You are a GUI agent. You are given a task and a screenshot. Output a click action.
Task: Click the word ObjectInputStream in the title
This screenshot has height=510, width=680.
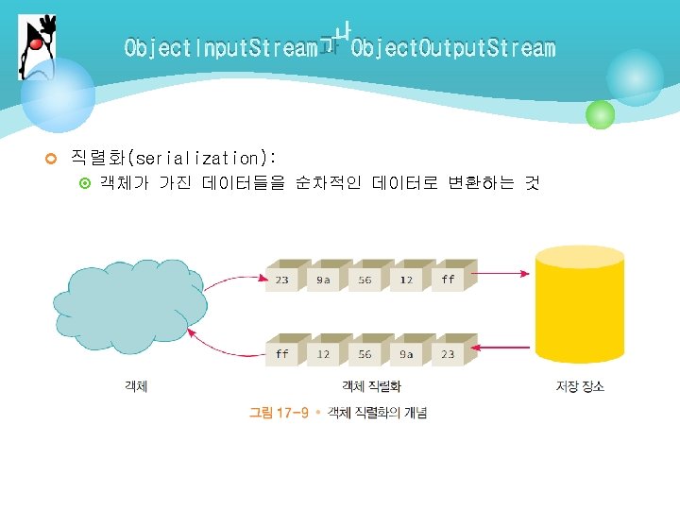(x=220, y=48)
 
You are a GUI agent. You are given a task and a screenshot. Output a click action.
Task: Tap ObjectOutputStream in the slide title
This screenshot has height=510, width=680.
(x=452, y=48)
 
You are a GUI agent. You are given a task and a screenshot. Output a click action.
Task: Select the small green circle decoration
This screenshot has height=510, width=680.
(x=600, y=115)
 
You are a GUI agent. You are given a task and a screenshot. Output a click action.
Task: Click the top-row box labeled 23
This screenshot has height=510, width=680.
(x=283, y=280)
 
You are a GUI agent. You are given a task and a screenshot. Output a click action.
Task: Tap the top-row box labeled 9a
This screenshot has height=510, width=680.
(x=324, y=280)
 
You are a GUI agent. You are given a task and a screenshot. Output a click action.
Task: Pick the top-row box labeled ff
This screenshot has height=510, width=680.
(x=448, y=280)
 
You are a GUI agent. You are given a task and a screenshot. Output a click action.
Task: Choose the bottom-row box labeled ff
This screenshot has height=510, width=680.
(x=283, y=354)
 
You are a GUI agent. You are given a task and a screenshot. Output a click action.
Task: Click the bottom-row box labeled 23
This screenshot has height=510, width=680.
(x=448, y=354)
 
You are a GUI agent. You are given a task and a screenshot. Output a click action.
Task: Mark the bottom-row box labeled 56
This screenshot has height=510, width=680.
(x=365, y=354)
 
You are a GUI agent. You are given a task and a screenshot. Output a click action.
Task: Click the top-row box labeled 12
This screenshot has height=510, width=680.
(x=406, y=280)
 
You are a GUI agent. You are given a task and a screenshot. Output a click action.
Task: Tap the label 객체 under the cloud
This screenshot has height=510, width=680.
(x=136, y=386)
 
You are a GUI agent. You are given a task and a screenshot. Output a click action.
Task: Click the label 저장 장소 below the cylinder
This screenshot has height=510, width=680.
(x=580, y=386)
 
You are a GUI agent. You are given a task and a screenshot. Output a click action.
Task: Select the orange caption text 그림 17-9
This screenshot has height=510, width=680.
(x=280, y=413)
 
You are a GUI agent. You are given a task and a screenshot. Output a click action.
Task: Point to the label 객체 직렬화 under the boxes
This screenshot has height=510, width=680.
(x=371, y=386)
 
